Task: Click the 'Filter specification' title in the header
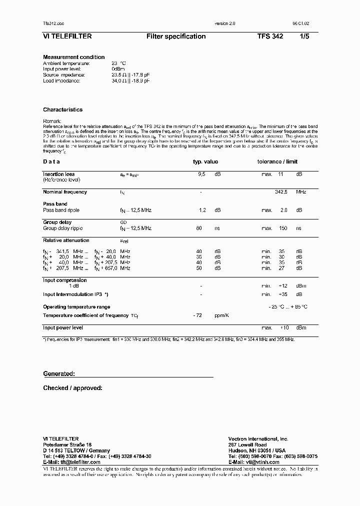[176, 36]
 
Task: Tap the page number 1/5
[304, 36]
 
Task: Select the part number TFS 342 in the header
[270, 36]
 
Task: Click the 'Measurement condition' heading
[74, 57]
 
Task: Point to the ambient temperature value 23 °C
[118, 63]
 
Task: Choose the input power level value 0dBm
[118, 69]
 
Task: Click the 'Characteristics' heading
[63, 109]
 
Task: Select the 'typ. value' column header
[205, 162]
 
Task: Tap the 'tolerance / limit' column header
[277, 162]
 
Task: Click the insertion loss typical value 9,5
[202, 174]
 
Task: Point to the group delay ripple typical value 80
[199, 228]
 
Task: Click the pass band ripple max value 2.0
[284, 210]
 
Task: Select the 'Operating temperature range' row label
[76, 307]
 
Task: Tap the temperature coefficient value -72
[197, 316]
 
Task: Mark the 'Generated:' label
[59, 374]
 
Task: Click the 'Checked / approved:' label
[72, 388]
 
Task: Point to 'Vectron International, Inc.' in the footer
[258, 438]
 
